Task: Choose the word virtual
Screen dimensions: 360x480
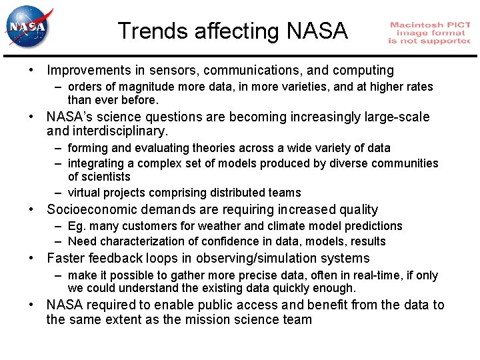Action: (84, 193)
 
